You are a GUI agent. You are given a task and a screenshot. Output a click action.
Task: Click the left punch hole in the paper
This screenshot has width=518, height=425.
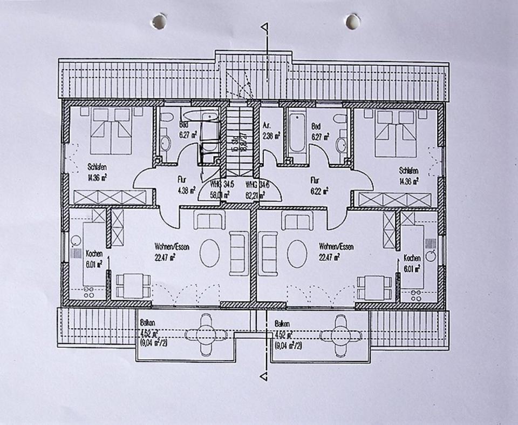tap(159, 22)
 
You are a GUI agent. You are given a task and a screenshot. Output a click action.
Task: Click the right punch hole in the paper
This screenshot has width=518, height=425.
tap(353, 22)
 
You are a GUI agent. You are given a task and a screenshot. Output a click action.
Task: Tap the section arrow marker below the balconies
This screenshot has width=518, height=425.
tap(264, 375)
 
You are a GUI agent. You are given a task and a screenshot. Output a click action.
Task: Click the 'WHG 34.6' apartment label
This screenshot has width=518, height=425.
tap(257, 186)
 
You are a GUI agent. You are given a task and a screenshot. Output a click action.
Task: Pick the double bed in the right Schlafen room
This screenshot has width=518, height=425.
tap(396, 133)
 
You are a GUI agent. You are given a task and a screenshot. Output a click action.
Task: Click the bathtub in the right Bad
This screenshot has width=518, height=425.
tap(297, 133)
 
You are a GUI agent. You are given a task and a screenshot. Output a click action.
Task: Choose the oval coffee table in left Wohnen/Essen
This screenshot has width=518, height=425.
tap(209, 253)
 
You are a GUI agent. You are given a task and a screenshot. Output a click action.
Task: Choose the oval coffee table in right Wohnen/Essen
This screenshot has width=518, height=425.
tap(297, 253)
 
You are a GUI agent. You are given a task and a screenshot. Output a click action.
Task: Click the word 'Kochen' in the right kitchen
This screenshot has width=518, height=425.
tap(412, 258)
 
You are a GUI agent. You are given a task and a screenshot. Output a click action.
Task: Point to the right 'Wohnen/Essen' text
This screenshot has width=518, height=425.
tap(336, 247)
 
